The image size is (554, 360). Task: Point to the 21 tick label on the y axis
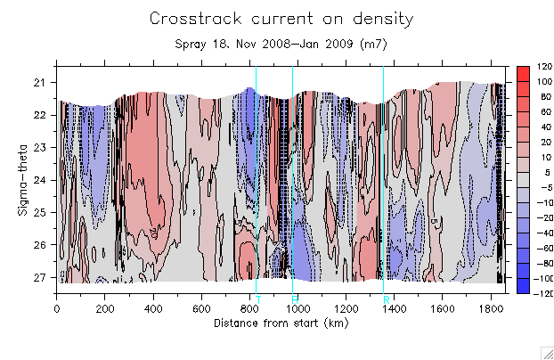(x=40, y=83)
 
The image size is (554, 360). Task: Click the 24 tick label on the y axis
(x=40, y=180)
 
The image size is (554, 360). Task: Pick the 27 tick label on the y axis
(x=40, y=277)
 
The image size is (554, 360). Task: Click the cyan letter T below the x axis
(x=258, y=299)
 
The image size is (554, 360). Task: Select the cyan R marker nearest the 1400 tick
(x=387, y=299)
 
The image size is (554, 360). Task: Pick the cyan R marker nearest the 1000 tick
(x=294, y=299)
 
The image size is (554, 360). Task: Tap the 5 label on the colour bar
(x=542, y=172)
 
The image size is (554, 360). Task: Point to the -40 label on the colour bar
(x=541, y=234)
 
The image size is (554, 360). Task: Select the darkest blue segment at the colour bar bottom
(x=525, y=287)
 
